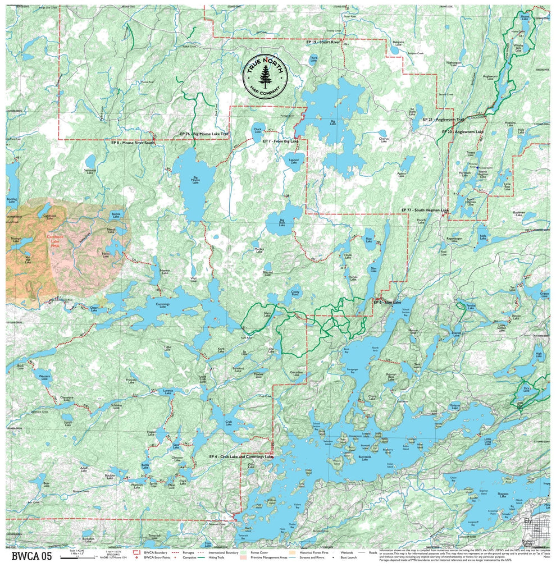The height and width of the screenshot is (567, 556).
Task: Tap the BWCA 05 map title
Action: point(32,556)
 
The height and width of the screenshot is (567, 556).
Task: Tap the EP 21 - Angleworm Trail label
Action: point(444,120)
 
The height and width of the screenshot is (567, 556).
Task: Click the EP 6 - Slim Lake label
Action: point(388,303)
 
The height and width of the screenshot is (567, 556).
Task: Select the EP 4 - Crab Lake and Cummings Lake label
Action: point(240,456)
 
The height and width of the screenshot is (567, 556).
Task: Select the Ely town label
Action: point(527,522)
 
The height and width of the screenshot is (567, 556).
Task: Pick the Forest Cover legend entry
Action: point(258,552)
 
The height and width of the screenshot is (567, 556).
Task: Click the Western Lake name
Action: point(44,376)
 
